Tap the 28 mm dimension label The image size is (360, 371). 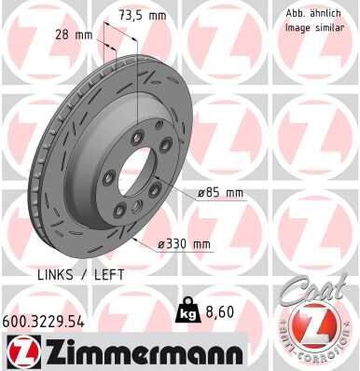74,34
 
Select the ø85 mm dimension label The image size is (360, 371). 220,193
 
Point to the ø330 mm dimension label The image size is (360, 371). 184,244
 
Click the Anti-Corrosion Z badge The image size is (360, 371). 314,330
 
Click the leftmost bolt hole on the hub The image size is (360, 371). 109,179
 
